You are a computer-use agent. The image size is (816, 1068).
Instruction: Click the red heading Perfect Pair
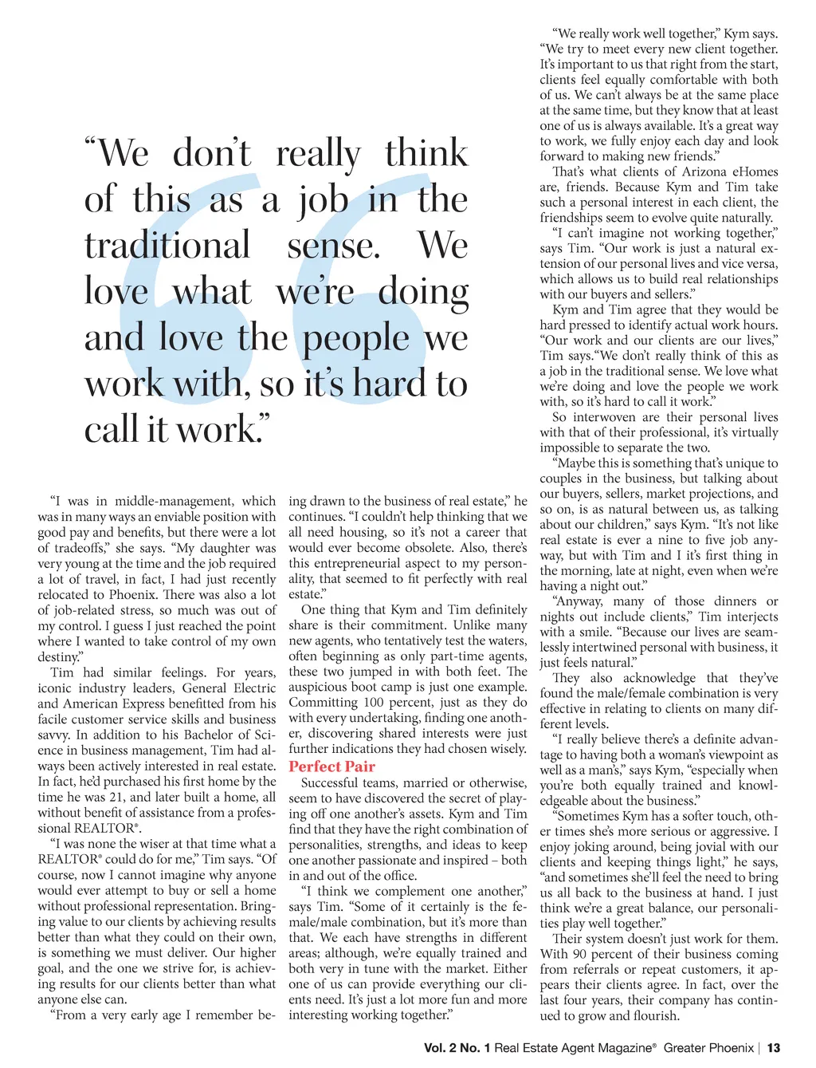[331, 767]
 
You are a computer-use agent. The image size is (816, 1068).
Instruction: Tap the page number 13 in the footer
[774, 1048]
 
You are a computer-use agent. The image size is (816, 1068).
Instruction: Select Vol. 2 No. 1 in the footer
[457, 1048]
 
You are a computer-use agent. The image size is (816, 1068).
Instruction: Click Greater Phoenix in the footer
[708, 1048]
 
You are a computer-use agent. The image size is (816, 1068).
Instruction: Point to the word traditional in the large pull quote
[167, 245]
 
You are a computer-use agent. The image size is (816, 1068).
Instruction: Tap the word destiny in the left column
[58, 657]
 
